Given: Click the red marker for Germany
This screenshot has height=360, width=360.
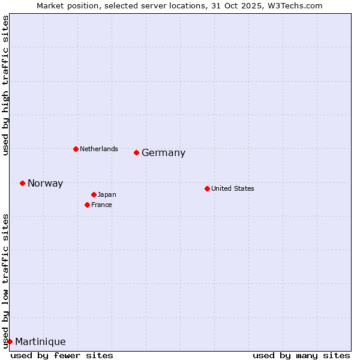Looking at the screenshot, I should coord(136,152).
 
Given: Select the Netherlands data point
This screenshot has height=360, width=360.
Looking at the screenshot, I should coord(76,149).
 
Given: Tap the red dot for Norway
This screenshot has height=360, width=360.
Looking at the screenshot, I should coord(22,183).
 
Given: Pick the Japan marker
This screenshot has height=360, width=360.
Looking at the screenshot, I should coord(94,194).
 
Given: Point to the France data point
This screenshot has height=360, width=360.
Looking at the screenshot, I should coord(87,205).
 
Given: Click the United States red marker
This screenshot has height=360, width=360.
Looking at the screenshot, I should coord(207,188).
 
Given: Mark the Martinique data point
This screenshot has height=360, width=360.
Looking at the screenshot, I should coord(10,341).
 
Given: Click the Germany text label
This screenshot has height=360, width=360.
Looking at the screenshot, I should coord(163,153).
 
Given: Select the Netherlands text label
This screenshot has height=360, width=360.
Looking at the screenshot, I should coord(98,149).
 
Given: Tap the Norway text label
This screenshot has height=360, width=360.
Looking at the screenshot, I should coord(45,184).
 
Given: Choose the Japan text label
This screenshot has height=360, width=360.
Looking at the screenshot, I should coord(107,194).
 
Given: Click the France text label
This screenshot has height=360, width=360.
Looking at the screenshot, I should coord(101,205).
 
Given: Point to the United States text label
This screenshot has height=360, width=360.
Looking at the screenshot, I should coord(232,188).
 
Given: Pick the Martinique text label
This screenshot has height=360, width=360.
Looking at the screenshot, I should coord(40,342).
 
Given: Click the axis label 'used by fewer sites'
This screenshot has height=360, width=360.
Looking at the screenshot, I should coord(62,355).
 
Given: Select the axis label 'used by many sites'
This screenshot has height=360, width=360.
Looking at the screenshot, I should coord(301,355).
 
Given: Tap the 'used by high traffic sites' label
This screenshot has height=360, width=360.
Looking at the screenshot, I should coord(5,85).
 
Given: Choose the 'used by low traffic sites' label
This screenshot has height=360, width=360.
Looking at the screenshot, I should coord(5,281).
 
